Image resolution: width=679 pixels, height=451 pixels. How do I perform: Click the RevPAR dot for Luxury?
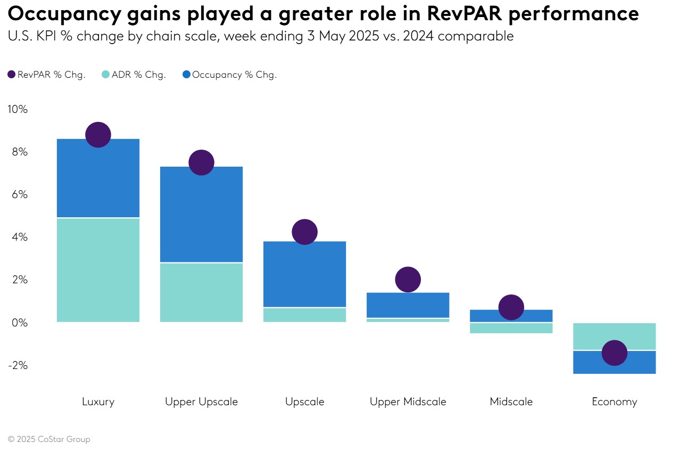(x=98, y=135)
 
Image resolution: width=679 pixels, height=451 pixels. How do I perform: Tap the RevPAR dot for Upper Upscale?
(x=201, y=162)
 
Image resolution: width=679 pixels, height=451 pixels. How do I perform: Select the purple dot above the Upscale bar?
(x=304, y=232)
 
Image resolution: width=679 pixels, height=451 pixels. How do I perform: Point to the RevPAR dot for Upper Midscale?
(x=408, y=280)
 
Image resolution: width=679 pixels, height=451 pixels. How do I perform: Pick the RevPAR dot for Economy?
(x=614, y=353)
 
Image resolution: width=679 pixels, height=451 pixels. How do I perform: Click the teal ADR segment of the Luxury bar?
(x=98, y=270)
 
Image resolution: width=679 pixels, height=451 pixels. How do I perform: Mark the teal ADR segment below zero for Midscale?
(x=511, y=328)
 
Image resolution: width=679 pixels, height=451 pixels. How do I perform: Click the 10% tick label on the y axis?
(x=17, y=109)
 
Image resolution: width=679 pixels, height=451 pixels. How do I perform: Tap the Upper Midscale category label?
(x=408, y=401)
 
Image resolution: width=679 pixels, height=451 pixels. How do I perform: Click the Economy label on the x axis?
(x=614, y=401)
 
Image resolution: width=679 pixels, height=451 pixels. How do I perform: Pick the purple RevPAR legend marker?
(x=12, y=75)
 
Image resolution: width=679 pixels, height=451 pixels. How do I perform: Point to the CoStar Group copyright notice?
(x=49, y=439)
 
